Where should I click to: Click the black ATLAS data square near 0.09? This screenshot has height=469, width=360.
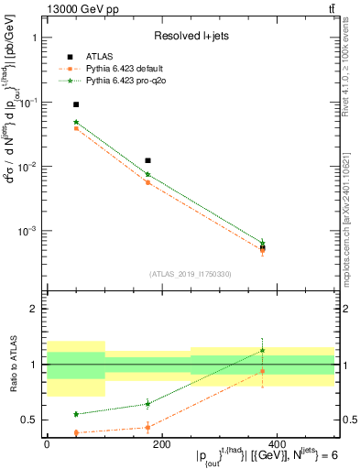point(76,104)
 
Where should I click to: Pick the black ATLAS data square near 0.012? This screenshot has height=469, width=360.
point(147,160)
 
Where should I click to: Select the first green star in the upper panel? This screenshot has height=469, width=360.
point(76,122)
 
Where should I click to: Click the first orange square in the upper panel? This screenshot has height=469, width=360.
point(76,128)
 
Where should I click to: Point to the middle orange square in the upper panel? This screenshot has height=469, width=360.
point(147,182)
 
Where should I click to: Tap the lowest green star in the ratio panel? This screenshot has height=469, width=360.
point(76,414)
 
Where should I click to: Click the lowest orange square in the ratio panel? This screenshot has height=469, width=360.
point(76,432)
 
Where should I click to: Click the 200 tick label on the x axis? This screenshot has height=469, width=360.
point(162,443)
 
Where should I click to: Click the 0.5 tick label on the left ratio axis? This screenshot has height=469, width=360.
point(33,420)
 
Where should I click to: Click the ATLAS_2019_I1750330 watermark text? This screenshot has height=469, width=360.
point(190,273)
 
